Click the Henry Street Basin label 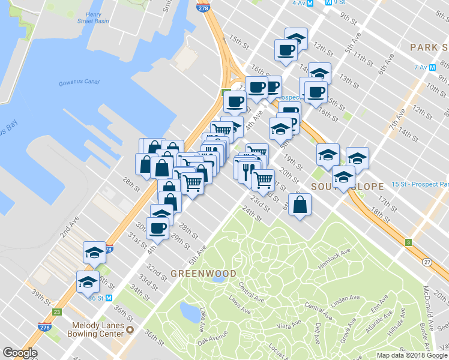pyautogui.click(x=97, y=17)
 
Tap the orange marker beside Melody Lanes pyautogui.click(x=130, y=329)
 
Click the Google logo pyautogui.click(x=20, y=353)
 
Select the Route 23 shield pyautogui.click(x=57, y=312)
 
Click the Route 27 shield pyautogui.click(x=427, y=262)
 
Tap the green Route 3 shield pyautogui.click(x=408, y=242)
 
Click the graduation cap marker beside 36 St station pyautogui.click(x=88, y=282)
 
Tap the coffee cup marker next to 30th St pyautogui.click(x=158, y=229)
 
